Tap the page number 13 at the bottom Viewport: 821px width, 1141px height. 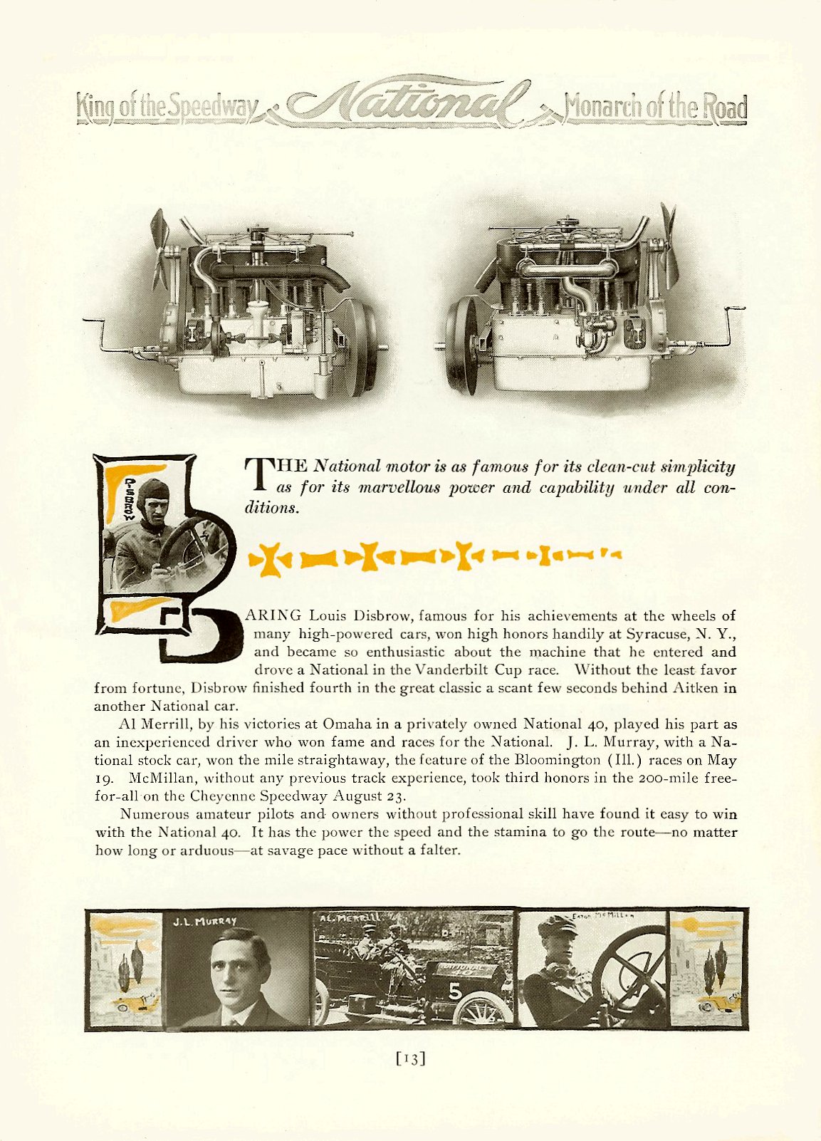click(x=410, y=1059)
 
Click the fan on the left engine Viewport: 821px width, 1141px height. click(x=162, y=249)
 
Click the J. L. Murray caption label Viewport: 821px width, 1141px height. click(x=204, y=921)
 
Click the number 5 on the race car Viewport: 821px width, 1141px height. click(x=455, y=991)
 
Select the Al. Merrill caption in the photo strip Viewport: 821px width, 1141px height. click(x=350, y=917)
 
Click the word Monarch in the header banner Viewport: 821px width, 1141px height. click(x=606, y=108)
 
